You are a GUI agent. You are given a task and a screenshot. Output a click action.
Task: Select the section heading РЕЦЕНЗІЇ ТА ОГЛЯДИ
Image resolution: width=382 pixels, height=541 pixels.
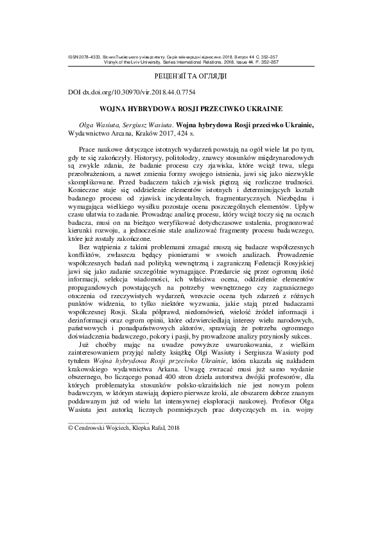[191, 76]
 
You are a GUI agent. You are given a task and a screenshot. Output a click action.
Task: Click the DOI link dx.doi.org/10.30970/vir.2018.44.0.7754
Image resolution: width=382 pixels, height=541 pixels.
[131, 93]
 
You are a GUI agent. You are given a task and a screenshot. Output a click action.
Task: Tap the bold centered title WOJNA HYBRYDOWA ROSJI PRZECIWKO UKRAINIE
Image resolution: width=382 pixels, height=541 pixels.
[191, 109]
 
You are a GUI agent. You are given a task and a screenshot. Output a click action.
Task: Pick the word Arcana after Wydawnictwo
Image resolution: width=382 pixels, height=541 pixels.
[121, 134]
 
